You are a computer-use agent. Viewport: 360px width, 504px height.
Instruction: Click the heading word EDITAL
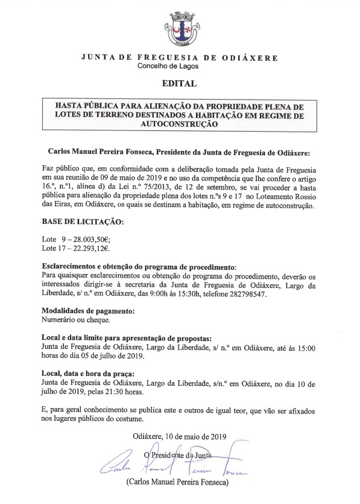tap(179, 83)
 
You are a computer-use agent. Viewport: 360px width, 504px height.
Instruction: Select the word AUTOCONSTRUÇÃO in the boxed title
tap(179, 123)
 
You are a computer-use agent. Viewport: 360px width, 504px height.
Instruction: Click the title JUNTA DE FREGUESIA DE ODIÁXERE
tap(179, 57)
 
